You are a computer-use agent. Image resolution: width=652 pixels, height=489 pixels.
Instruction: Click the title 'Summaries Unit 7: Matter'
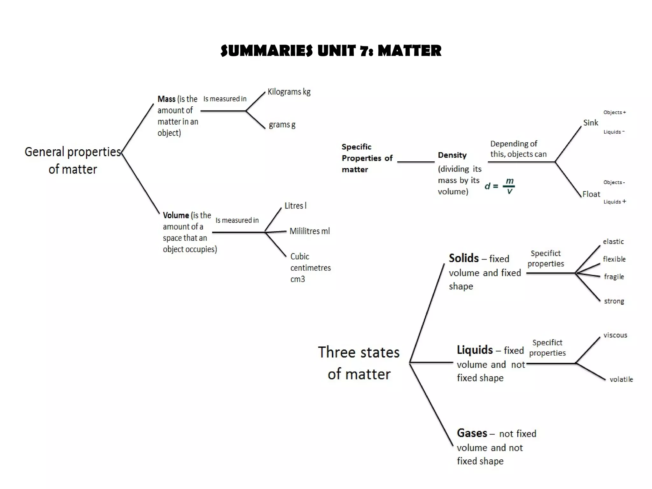click(x=331, y=51)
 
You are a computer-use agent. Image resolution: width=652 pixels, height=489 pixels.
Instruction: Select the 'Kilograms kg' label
click(x=289, y=92)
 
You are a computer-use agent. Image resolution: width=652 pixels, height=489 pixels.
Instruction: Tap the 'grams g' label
click(x=282, y=124)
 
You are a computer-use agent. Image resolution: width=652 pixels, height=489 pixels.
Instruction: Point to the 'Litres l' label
click(x=295, y=206)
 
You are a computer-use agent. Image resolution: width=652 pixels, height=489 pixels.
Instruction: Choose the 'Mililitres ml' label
click(x=309, y=231)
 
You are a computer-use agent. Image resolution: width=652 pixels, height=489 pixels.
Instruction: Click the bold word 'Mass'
click(x=167, y=99)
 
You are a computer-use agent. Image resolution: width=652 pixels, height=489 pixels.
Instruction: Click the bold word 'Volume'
click(x=176, y=216)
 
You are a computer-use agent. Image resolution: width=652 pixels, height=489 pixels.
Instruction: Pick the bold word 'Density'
click(x=452, y=155)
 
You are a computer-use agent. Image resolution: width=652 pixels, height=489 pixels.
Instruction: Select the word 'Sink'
click(x=591, y=123)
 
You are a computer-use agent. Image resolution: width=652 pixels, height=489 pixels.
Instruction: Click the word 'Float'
click(x=591, y=194)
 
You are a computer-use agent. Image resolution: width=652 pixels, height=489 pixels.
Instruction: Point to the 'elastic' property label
click(x=613, y=242)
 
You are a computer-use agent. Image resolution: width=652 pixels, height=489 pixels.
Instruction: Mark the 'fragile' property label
click(x=614, y=277)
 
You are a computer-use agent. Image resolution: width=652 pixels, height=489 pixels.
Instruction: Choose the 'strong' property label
click(x=614, y=301)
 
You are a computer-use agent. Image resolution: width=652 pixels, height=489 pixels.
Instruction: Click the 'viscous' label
click(x=615, y=335)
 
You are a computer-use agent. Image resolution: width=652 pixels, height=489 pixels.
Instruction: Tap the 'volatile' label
click(x=621, y=379)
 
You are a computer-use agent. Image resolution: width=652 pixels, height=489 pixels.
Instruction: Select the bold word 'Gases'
click(x=472, y=433)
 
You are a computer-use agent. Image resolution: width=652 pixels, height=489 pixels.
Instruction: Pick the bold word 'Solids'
click(x=464, y=258)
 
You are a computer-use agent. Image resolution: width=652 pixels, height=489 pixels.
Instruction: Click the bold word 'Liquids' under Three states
click(x=475, y=350)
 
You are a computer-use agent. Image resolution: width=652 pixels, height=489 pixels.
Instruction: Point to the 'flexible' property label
click(x=614, y=259)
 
